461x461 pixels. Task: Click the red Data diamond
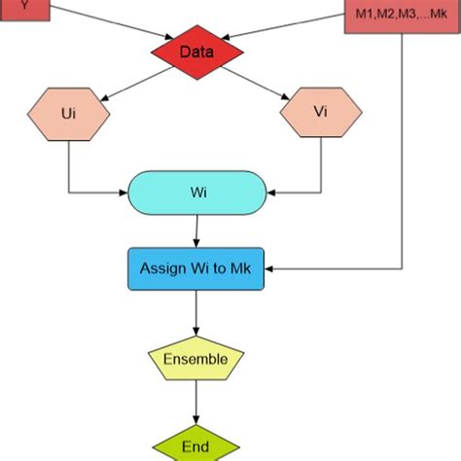[x=196, y=53]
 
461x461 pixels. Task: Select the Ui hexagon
[x=69, y=113]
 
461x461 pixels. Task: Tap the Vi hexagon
[x=321, y=113]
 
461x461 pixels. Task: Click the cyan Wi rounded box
[x=196, y=192]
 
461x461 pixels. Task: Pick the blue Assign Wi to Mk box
[x=196, y=268]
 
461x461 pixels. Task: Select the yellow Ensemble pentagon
[x=195, y=359]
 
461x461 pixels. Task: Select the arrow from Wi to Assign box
[x=197, y=230]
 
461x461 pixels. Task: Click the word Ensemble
[x=195, y=360]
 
